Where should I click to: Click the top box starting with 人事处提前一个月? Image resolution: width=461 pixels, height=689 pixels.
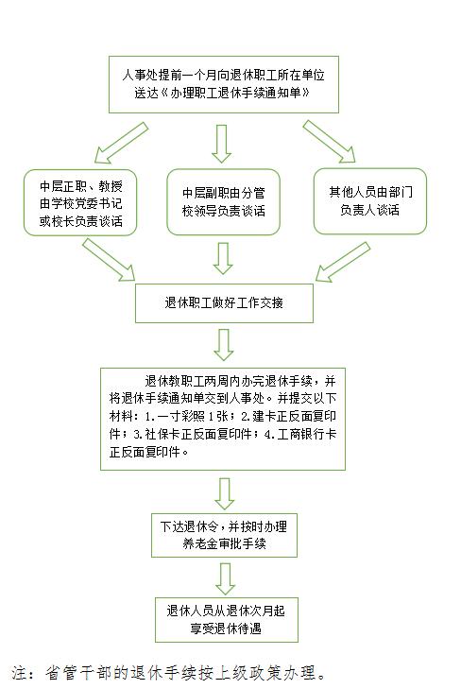tap(224, 84)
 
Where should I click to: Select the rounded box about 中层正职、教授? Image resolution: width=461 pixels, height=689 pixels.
tap(80, 202)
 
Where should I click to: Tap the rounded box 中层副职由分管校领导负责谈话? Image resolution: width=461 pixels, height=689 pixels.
tap(224, 201)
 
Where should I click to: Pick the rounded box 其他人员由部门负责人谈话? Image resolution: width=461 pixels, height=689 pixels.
tap(370, 200)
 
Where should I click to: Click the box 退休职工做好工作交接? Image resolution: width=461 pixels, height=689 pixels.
tap(224, 303)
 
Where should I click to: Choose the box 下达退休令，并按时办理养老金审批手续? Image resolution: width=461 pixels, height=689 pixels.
tap(224, 535)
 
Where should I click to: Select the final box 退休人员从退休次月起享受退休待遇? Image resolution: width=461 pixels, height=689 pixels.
tap(226, 620)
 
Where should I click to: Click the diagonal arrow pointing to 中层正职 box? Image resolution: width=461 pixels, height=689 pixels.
tap(122, 143)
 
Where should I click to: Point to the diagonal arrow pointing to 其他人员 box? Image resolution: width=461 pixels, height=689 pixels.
tap(329, 142)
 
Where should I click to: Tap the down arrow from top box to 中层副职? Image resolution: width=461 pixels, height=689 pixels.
tap(222, 144)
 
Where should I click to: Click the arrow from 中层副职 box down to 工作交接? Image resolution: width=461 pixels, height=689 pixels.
tap(223, 258)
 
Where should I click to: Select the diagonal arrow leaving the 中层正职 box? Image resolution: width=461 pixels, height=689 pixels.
tap(109, 260)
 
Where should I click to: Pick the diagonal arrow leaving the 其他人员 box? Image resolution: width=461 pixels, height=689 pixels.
tap(343, 262)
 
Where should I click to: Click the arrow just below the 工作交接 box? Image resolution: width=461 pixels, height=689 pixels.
tap(224, 345)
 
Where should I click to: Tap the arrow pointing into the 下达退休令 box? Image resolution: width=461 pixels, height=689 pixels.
tap(224, 494)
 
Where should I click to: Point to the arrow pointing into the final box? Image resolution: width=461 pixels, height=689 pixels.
tap(226, 579)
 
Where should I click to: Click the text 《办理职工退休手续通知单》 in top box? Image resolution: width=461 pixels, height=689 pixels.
tap(235, 93)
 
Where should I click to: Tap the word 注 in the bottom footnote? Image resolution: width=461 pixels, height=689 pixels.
tap(20, 673)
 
